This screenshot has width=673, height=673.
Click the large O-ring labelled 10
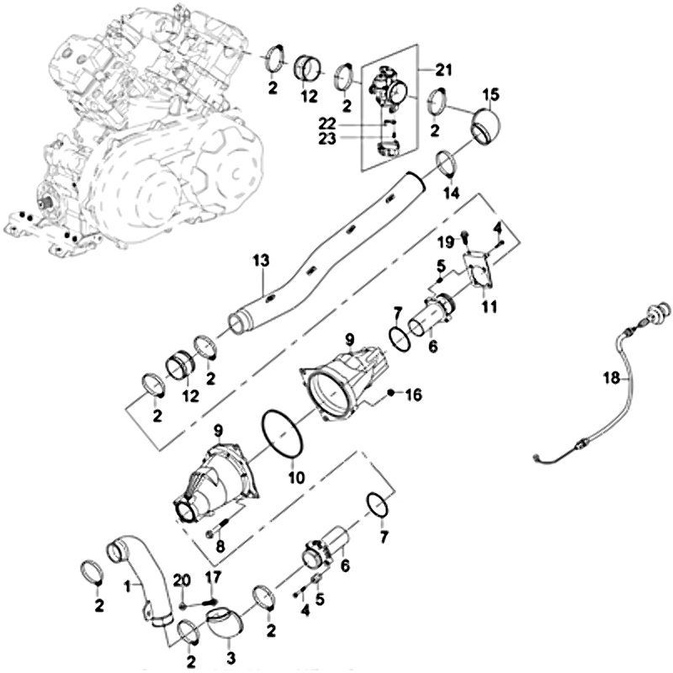(284, 434)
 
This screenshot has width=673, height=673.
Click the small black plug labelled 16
(391, 393)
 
